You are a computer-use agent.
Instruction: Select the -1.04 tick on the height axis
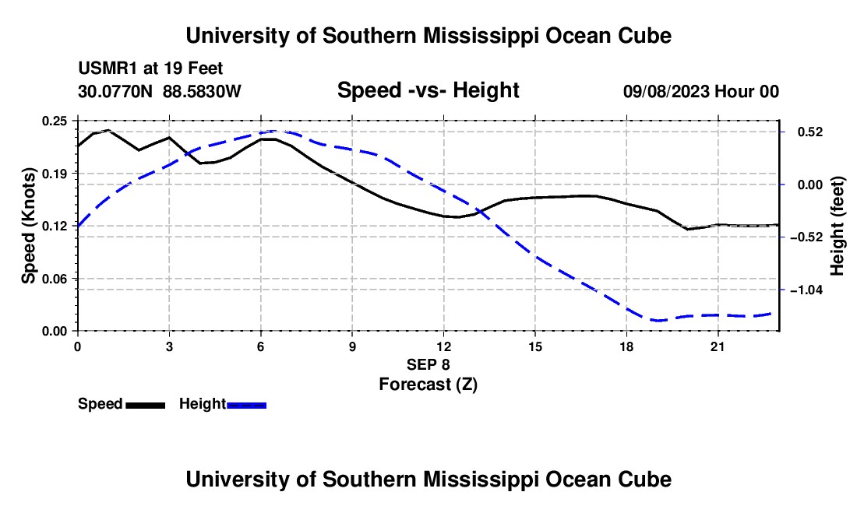pyautogui.click(x=806, y=290)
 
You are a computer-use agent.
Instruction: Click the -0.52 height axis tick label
pyautogui.click(x=806, y=237)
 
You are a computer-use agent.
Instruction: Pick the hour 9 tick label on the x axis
pyautogui.click(x=352, y=346)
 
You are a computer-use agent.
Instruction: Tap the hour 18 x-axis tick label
pyautogui.click(x=626, y=346)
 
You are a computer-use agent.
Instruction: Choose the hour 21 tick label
pyautogui.click(x=718, y=346)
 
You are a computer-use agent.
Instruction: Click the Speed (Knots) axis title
pyautogui.click(x=28, y=226)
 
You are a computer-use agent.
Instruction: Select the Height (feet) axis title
pyautogui.click(x=837, y=226)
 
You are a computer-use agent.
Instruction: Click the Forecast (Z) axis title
pyautogui.click(x=428, y=385)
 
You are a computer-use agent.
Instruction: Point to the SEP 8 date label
pyautogui.click(x=428, y=364)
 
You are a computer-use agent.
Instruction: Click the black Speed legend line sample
pyautogui.click(x=146, y=405)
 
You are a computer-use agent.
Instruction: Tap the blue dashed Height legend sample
pyautogui.click(x=246, y=405)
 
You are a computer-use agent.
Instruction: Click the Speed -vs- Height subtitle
pyautogui.click(x=428, y=90)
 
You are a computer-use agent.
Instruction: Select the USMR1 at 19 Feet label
pyautogui.click(x=150, y=69)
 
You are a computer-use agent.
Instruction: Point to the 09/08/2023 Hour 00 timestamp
pyautogui.click(x=701, y=91)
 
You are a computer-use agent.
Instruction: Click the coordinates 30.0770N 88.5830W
pyautogui.click(x=160, y=91)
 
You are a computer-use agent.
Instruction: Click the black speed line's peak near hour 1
pyautogui.click(x=108, y=130)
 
